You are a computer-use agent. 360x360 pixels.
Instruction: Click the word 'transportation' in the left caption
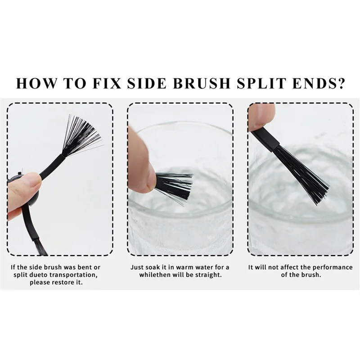pyautogui.click(x=73, y=275)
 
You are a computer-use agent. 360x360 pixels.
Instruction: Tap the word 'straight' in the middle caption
pyautogui.click(x=209, y=275)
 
